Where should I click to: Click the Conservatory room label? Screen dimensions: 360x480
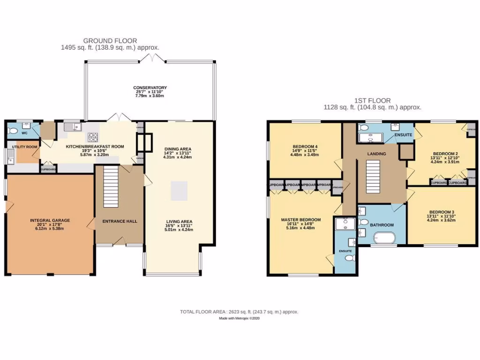click(150, 88)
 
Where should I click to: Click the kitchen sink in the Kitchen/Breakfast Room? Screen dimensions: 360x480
click(72, 127)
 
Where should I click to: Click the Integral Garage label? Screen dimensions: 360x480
click(50, 220)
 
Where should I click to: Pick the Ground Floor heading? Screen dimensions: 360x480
click(110, 41)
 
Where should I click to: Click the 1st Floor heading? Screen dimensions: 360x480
click(373, 100)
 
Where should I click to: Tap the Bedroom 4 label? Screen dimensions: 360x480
click(302, 147)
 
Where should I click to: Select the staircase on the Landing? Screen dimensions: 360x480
click(373, 174)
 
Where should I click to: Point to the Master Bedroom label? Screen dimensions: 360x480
click(301, 219)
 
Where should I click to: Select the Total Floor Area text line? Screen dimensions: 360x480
click(240, 312)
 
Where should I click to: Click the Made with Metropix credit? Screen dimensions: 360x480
click(240, 318)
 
